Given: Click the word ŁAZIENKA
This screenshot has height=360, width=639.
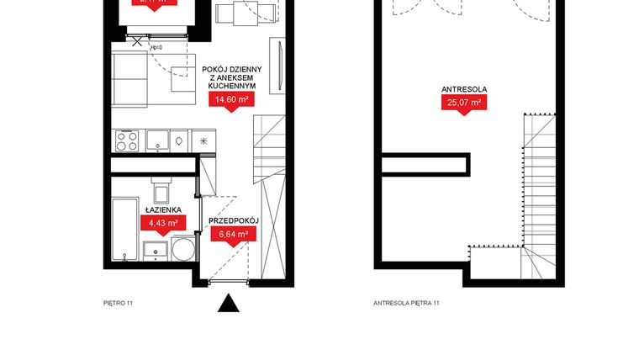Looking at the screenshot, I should tap(161, 209).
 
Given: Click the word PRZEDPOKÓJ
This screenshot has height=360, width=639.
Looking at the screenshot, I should tap(234, 220).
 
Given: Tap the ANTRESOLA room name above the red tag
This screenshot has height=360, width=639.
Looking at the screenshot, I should tap(464, 88).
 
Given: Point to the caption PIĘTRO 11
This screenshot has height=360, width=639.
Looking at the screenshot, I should tap(119, 303).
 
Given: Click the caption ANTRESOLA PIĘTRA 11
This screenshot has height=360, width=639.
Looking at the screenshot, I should tap(407, 303).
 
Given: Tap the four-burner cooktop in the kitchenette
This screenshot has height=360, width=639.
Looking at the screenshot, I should tap(126, 141).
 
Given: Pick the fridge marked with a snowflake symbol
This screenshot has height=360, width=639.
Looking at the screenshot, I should tap(203, 140).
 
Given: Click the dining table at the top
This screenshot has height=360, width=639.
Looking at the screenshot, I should tap(246, 13).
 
